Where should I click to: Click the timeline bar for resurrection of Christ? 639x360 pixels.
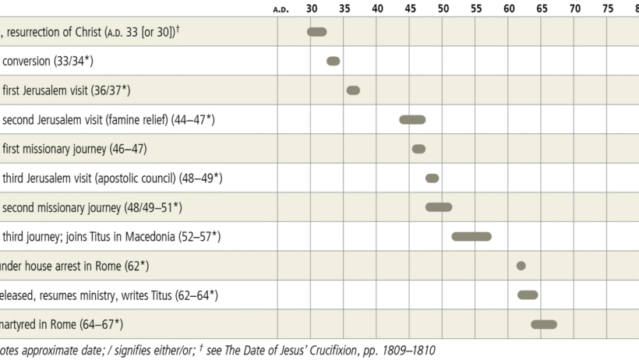316,32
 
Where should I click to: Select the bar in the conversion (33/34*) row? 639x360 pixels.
333,61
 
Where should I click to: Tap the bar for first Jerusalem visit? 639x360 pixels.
353,90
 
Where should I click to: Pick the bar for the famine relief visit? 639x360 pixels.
412,119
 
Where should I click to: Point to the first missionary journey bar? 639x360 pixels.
418,149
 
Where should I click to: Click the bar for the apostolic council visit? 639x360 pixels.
432,178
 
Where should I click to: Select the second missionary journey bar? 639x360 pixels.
439,207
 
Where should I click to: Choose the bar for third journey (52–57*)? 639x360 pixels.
471,236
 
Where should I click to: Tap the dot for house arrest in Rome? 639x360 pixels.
521,266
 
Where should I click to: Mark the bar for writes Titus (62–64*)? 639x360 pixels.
528,295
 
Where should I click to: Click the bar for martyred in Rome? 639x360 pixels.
544,324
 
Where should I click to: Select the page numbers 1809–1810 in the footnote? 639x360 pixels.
403,351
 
